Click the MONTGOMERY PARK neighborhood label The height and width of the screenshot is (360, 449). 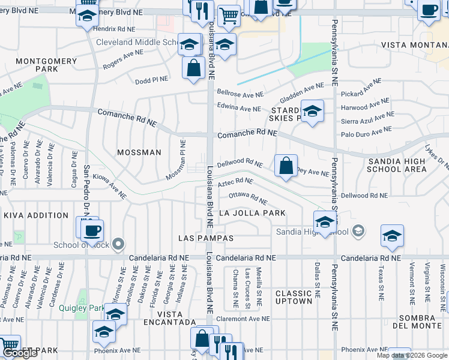tap(46, 65)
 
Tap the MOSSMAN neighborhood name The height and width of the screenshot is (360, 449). tap(139, 152)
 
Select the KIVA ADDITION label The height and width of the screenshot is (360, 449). tap(35, 215)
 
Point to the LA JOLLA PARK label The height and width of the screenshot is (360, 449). tap(252, 213)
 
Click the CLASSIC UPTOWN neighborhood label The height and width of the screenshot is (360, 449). tap(294, 297)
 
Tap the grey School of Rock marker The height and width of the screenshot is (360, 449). tap(119, 244)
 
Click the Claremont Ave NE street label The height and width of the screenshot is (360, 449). tap(240, 319)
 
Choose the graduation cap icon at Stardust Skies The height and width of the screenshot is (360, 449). tap(312, 111)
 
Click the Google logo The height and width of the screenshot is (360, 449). tap(20, 353)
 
